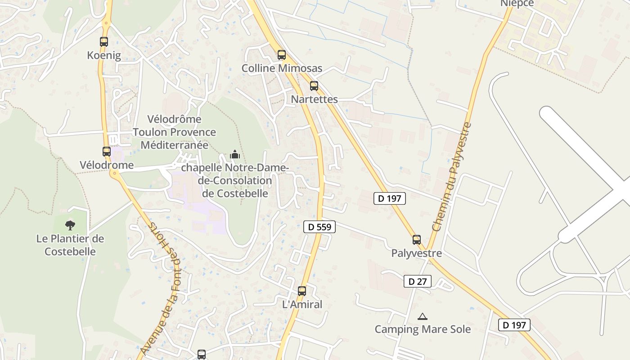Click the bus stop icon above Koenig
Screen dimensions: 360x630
pyautogui.click(x=104, y=42)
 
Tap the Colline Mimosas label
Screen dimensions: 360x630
pyautogui.click(x=282, y=68)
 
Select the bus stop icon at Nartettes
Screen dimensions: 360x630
pyautogui.click(x=314, y=85)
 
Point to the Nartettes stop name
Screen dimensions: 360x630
pyautogui.click(x=314, y=99)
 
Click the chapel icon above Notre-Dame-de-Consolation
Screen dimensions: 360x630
pyautogui.click(x=235, y=155)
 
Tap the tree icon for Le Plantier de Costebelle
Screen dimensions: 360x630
pyautogui.click(x=70, y=225)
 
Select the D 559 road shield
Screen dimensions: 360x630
pyautogui.click(x=319, y=227)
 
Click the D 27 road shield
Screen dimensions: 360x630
pyautogui.click(x=417, y=282)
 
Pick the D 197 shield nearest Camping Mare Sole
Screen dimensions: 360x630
pyautogui.click(x=514, y=325)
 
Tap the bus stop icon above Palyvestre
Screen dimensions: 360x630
pyautogui.click(x=417, y=240)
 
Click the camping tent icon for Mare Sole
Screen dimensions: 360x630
pyautogui.click(x=422, y=317)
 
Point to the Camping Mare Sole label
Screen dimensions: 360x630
pyautogui.click(x=423, y=329)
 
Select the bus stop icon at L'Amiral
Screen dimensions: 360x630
pyautogui.click(x=302, y=291)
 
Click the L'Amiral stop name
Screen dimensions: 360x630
pyautogui.click(x=302, y=305)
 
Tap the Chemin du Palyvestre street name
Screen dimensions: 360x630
pyautogui.click(x=451, y=177)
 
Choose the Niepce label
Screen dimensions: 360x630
pyautogui.click(x=517, y=4)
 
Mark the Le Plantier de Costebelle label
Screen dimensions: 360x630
pyautogui.click(x=70, y=245)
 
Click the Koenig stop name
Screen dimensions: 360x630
pyautogui.click(x=104, y=55)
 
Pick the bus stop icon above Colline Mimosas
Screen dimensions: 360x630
pyautogui.click(x=282, y=55)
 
